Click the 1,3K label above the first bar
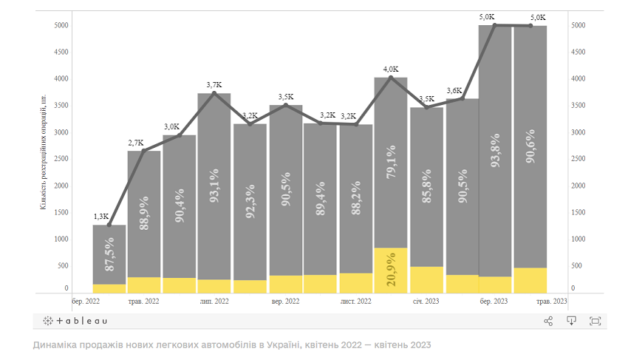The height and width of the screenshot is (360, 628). (101, 216)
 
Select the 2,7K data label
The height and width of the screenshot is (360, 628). (136, 142)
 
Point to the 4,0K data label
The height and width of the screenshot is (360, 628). (391, 69)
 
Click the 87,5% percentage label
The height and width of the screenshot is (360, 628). (109, 256)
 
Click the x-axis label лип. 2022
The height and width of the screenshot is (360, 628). (214, 302)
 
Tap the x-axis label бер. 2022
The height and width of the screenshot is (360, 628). (87, 302)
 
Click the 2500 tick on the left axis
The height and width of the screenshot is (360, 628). (61, 159)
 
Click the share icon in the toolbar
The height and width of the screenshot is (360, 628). (548, 321)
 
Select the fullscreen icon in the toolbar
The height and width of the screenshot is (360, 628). (595, 321)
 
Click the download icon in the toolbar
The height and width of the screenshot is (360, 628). (571, 321)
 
